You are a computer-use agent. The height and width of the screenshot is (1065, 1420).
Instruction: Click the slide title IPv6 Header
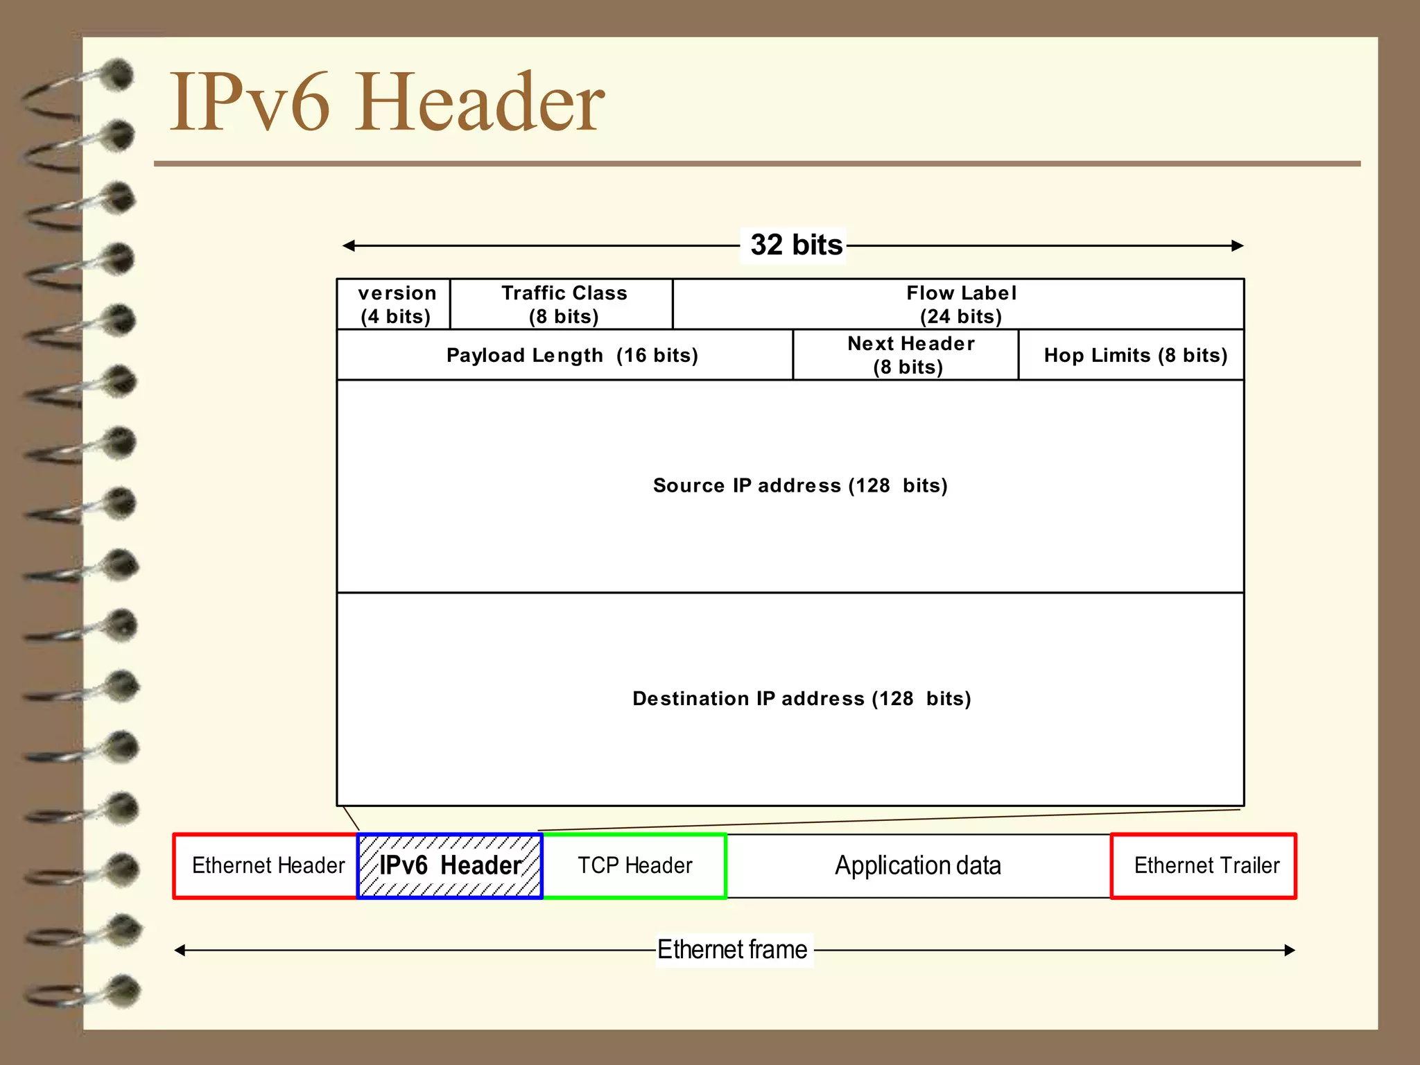[x=387, y=102]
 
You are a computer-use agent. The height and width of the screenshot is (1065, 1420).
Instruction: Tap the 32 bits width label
[x=795, y=245]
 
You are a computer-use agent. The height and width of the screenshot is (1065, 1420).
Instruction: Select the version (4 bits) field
[x=395, y=304]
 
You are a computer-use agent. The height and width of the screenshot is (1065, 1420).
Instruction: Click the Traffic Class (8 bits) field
[x=563, y=304]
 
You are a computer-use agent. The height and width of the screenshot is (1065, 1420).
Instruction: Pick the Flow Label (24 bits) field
[x=960, y=304]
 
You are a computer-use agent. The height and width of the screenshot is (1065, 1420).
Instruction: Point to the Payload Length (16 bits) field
[x=571, y=355]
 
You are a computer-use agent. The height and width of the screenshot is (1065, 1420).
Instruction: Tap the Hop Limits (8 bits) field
[x=1135, y=355]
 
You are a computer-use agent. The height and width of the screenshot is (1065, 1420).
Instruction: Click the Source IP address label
[x=799, y=485]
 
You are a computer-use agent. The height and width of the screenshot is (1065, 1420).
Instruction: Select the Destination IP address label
[x=801, y=698]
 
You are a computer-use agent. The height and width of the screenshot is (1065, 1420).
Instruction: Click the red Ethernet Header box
[x=268, y=865]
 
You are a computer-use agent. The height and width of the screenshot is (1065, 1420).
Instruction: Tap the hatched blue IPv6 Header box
[x=450, y=865]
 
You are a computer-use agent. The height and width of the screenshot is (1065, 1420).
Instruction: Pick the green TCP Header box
[x=634, y=865]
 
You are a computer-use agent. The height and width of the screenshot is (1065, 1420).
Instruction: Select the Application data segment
[x=917, y=865]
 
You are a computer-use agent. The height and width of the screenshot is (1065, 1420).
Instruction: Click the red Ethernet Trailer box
[x=1205, y=865]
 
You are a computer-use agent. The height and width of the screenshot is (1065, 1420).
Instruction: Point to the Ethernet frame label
[x=732, y=950]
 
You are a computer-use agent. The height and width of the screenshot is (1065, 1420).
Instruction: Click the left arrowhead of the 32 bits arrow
[x=348, y=245]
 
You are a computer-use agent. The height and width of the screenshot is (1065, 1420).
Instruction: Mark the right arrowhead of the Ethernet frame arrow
[x=1290, y=950]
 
